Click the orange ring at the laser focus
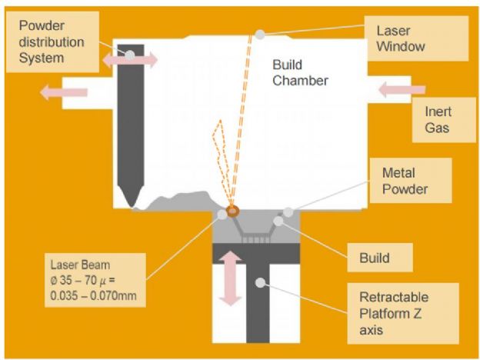[232, 209]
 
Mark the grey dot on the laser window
[262, 34]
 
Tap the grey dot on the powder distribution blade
[132, 55]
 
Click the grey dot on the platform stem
[262, 283]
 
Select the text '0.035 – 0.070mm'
[99, 295]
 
